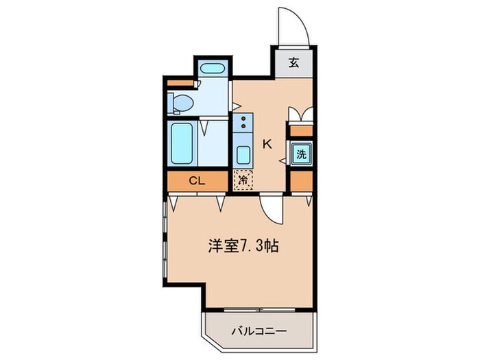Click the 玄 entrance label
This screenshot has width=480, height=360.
click(293, 63)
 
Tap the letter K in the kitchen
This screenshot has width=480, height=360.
click(267, 145)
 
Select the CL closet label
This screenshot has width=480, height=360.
click(197, 182)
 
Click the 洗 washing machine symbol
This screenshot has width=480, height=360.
click(301, 154)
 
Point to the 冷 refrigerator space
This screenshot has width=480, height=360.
click(243, 181)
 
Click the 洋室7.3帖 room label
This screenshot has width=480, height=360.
click(243, 245)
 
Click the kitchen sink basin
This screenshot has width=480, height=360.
click(243, 152)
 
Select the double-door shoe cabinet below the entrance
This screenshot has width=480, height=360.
click(301, 114)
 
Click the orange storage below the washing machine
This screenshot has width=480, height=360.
click(301, 182)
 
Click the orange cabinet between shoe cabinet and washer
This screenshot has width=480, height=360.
click(301, 131)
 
